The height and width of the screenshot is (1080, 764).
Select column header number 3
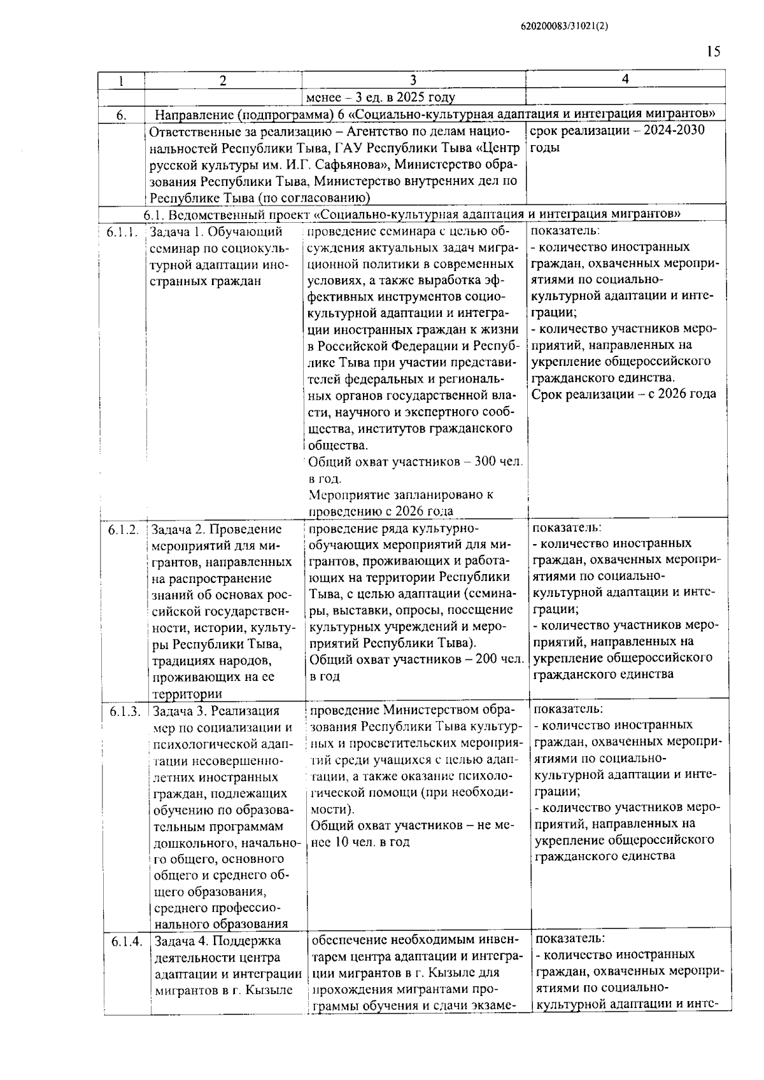413,80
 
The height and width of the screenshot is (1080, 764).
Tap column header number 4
625,79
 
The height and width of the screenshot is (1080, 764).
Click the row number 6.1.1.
122,232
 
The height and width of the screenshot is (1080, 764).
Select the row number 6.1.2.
123,529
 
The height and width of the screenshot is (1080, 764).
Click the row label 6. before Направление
122,115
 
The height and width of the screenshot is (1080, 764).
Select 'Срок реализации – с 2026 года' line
623,395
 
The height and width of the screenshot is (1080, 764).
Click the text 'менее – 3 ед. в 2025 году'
381,97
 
